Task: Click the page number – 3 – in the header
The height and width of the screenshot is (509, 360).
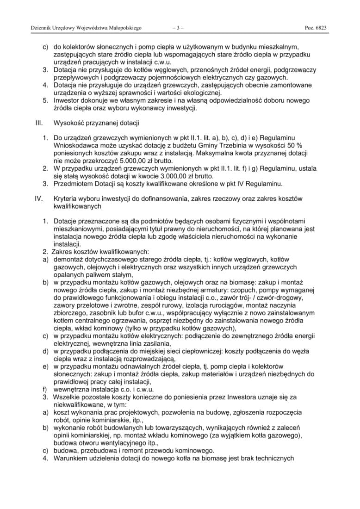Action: [178, 28]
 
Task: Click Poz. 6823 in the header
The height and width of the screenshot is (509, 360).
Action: [316, 28]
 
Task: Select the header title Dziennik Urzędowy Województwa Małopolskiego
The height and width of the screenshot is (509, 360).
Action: [86, 28]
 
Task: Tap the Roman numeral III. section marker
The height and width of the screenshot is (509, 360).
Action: [39, 123]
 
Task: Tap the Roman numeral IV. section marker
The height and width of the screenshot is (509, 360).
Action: [39, 199]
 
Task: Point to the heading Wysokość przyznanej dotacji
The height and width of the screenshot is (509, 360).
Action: [96, 123]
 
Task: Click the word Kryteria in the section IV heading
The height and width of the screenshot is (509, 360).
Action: [66, 199]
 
